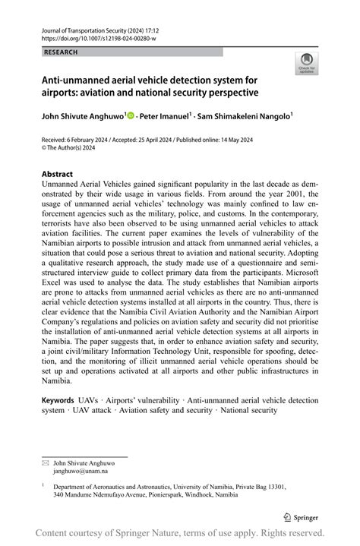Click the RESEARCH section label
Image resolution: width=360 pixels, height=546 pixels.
pos(61,52)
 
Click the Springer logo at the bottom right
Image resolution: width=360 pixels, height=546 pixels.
pos(302,516)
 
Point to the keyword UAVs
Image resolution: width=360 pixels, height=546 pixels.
pos(87,399)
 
